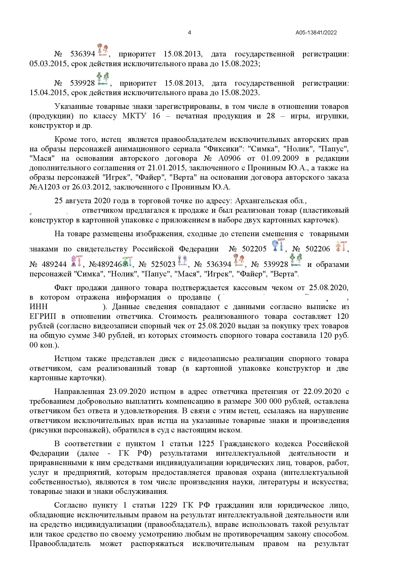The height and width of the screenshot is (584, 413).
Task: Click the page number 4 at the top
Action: point(189,32)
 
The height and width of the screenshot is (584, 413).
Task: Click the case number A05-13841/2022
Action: point(316,33)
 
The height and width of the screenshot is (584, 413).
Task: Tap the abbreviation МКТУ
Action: point(134,116)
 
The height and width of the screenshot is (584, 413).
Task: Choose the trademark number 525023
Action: point(163,264)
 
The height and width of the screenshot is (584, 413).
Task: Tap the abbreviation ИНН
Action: point(39,307)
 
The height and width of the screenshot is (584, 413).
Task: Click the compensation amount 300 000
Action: point(267,402)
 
